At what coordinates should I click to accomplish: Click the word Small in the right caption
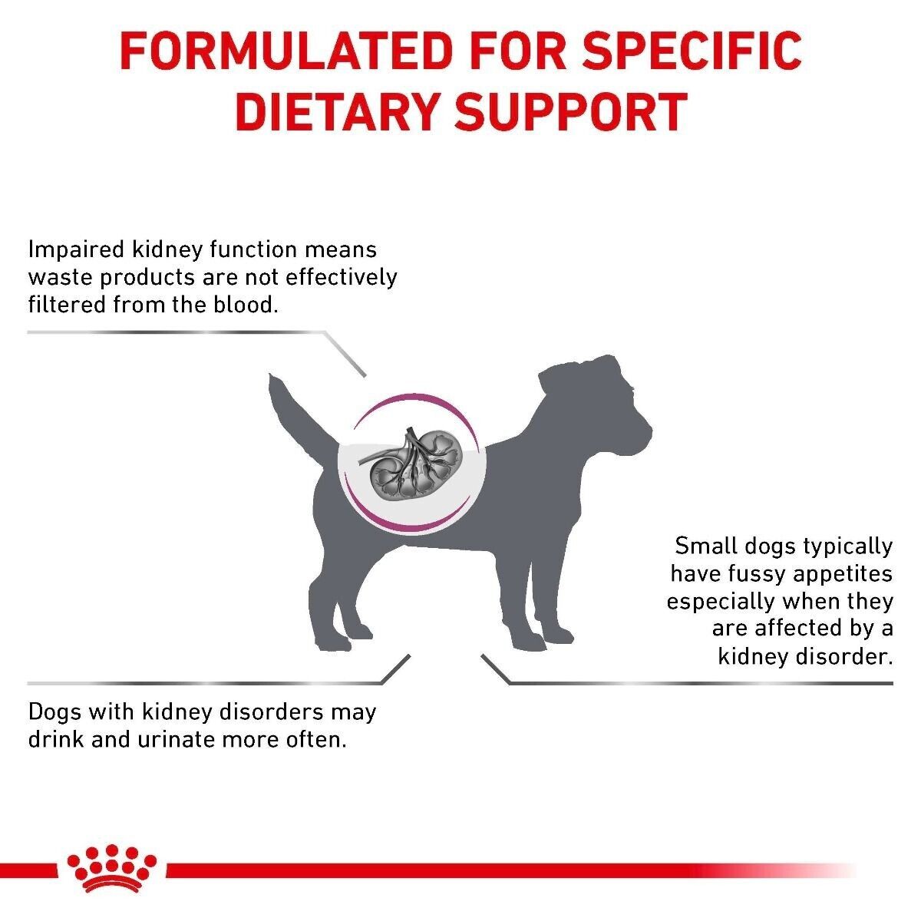705,546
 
